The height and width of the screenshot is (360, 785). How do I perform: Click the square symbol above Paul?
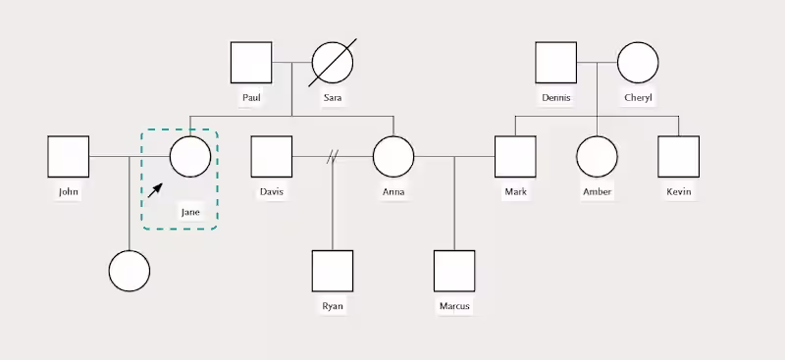[251, 63]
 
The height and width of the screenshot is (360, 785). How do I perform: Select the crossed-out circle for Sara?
[333, 63]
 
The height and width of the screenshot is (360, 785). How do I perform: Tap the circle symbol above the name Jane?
[190, 156]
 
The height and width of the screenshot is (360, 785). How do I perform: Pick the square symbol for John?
[68, 156]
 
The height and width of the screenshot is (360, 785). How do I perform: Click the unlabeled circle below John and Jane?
[129, 271]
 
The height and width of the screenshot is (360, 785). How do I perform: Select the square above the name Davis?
[272, 156]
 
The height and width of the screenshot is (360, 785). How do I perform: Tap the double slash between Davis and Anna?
[333, 156]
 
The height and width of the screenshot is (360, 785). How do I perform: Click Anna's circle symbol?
[393, 156]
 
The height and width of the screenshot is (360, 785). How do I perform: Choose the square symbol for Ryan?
[333, 271]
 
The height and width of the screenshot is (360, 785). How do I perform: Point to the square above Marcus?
[454, 271]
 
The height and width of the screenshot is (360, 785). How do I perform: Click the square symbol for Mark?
[515, 156]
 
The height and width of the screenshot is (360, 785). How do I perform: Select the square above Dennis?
[556, 63]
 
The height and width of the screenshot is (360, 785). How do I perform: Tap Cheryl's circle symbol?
[638, 63]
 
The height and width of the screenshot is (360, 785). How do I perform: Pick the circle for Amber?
[597, 156]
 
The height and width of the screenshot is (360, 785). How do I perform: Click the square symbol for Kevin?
[678, 156]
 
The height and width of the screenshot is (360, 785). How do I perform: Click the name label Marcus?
[454, 306]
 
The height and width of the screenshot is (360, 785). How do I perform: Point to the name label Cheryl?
[638, 97]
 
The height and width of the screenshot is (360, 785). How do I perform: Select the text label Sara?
[333, 97]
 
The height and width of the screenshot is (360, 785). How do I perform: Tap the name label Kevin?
[678, 191]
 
